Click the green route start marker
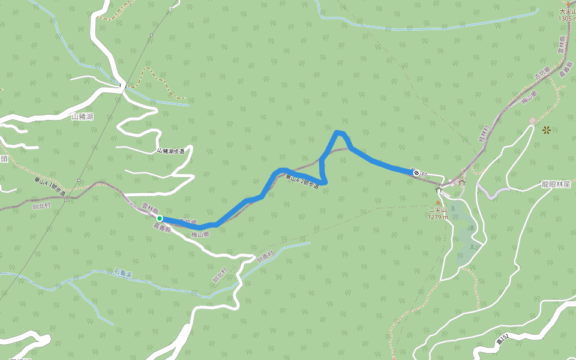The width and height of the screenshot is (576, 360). click(x=160, y=219)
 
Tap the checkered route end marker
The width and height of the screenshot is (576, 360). click(x=416, y=173)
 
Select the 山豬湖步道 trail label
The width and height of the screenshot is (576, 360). click(x=170, y=151)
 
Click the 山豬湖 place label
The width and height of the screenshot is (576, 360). click(x=82, y=116)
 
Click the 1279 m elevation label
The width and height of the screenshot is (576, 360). click(x=438, y=217)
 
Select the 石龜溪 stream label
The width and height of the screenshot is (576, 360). click(x=123, y=273)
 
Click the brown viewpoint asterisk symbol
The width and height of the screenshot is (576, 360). click(x=547, y=130)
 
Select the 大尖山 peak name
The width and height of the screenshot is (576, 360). click(x=567, y=11)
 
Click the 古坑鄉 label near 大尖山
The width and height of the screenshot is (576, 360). click(x=541, y=76)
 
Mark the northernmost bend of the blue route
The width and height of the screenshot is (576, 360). click(x=340, y=132)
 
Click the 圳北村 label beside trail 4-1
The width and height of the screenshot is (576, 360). click(x=43, y=204)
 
